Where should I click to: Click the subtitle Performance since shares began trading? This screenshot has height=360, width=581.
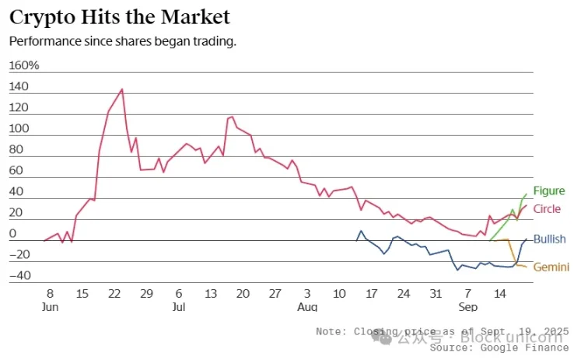122,40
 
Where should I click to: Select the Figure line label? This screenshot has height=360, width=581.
549,191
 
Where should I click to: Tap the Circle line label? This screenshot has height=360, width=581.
547,209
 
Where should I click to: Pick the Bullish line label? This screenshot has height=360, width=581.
549,239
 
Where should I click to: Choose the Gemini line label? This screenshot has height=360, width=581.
550,267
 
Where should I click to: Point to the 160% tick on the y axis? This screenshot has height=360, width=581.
23,66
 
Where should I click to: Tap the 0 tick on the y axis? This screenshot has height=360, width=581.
12,234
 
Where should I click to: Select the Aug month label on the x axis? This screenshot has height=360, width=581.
307,307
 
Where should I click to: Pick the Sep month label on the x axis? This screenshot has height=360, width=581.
468,307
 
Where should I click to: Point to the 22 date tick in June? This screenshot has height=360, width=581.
114,294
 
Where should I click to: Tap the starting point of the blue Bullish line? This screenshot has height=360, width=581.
356,241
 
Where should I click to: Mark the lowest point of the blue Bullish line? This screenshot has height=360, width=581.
457,271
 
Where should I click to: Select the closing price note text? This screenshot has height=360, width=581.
443,330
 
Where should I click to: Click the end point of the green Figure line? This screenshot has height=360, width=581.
527,194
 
